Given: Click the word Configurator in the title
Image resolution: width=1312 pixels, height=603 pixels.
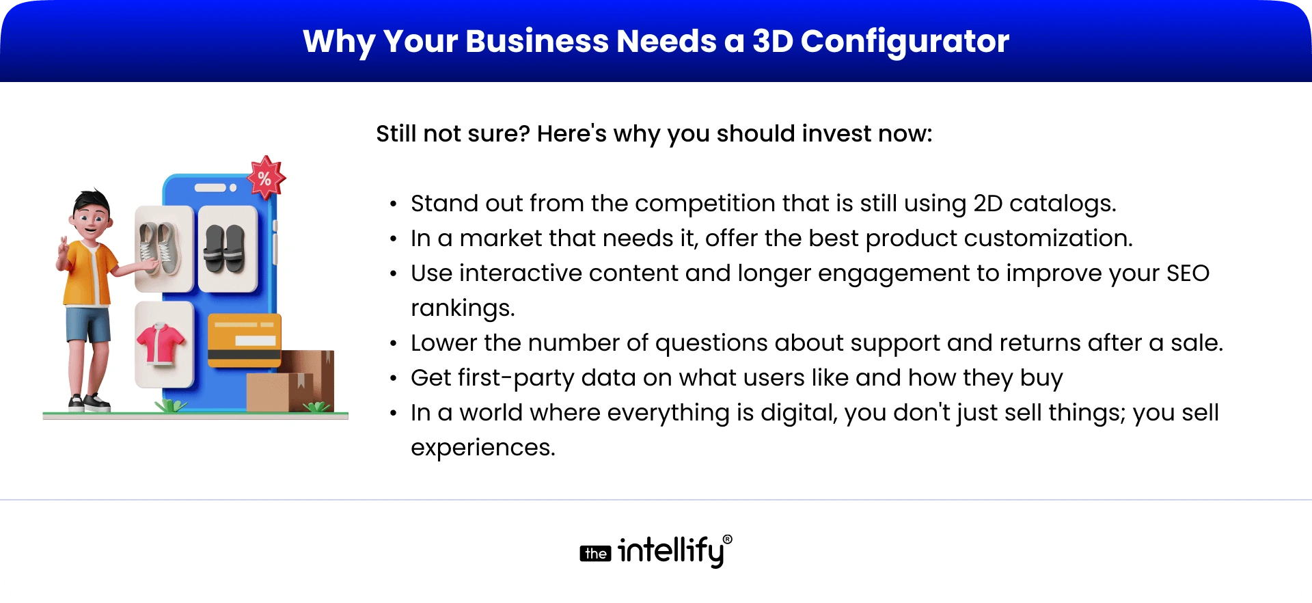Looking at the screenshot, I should click(x=905, y=42).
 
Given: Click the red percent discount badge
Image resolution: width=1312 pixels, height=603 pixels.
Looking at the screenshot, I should click(x=265, y=178).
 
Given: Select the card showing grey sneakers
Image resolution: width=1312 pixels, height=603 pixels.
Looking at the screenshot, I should click(x=163, y=249).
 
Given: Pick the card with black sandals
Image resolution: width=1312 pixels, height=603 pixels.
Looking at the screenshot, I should click(x=226, y=249).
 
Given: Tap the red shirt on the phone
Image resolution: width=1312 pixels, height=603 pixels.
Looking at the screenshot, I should click(x=161, y=344).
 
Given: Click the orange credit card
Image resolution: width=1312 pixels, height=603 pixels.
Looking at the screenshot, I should click(x=244, y=340).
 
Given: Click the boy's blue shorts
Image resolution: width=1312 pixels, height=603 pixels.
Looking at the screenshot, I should click(x=88, y=325).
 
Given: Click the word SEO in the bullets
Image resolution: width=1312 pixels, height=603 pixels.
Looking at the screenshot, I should click(x=1188, y=273).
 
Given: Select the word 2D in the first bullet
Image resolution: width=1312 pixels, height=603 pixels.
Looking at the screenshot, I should click(x=987, y=204).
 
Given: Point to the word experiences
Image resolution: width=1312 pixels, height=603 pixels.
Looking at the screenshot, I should click(x=482, y=448).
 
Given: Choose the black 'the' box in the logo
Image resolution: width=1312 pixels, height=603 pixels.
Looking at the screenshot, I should click(x=595, y=553).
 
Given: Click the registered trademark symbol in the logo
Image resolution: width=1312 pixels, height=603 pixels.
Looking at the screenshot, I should click(x=727, y=539).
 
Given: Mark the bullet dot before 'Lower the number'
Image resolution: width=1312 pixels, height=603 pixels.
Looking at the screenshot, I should click(x=393, y=343).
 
